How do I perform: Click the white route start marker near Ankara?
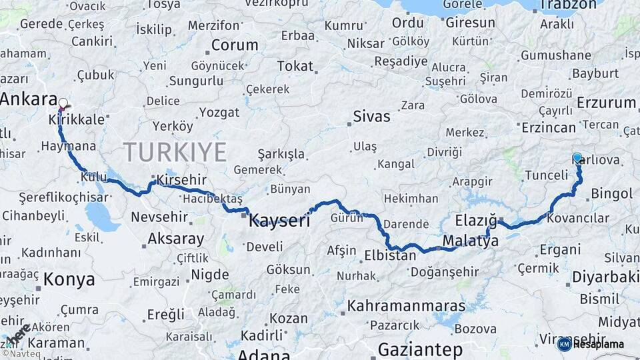point(63,103)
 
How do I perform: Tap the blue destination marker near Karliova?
point(577,158)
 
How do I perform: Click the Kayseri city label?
point(279,221)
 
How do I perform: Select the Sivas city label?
point(371,117)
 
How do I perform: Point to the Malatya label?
point(470,241)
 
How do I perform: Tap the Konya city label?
point(69,279)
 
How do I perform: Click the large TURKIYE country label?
point(174,152)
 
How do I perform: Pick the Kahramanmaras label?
point(406,306)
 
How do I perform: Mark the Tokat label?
point(295,66)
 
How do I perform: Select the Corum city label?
point(235,46)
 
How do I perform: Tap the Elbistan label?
point(390,255)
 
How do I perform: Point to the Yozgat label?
point(219,113)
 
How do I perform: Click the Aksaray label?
point(176,239)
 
